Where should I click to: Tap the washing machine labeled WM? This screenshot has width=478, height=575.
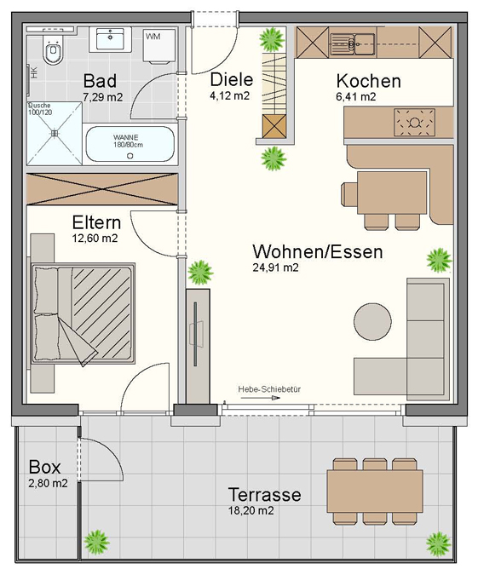(158, 47)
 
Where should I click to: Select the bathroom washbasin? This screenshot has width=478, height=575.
(110, 39)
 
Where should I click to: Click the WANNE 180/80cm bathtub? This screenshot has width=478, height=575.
(130, 144)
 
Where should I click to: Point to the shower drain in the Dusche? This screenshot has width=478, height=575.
(55, 134)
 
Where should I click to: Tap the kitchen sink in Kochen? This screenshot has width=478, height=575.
(352, 44)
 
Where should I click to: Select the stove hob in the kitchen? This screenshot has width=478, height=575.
(414, 123)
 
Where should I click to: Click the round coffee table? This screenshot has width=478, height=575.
(372, 321)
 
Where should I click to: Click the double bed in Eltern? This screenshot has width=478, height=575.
(83, 313)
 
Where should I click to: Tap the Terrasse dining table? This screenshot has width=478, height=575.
(375, 492)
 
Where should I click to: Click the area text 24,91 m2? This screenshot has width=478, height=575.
(275, 267)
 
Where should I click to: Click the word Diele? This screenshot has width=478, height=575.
(232, 79)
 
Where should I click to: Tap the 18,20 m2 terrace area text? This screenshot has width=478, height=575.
(251, 511)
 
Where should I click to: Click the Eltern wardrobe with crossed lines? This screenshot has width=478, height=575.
(102, 189)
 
